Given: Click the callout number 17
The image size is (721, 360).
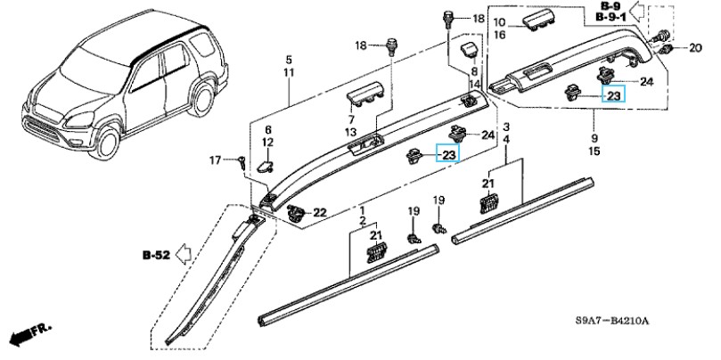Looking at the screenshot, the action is click(215, 160).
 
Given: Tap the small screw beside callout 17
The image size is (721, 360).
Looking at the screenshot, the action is click(241, 162).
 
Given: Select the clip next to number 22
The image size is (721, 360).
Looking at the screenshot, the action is click(296, 213).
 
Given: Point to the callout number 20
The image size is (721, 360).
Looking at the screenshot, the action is click(695, 47).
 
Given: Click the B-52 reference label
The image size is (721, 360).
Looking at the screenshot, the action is click(156, 255).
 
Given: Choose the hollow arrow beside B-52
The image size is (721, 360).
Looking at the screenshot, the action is click(184, 254).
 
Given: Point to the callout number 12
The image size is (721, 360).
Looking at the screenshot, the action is click(267, 143).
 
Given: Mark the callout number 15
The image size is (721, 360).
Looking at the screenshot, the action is click(594, 151).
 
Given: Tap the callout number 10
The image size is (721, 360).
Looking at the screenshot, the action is click(500, 22).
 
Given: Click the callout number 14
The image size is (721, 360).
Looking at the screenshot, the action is click(475, 84).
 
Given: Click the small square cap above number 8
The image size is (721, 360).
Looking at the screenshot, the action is click(470, 49).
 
